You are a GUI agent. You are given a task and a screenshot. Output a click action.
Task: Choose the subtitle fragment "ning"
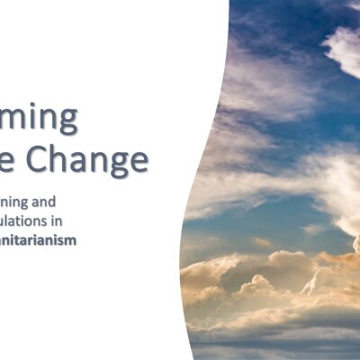[39, 201]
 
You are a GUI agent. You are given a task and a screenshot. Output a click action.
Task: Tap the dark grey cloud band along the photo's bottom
[270, 342]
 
